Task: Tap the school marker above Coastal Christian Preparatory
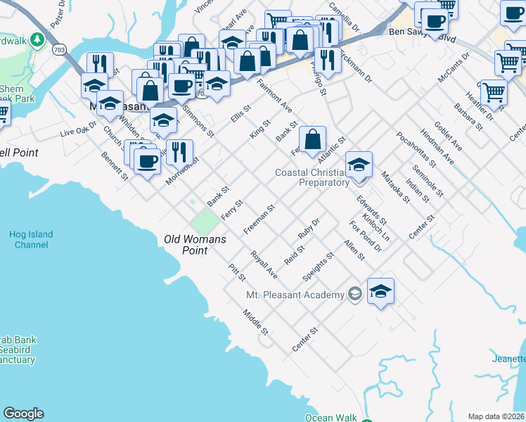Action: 359,165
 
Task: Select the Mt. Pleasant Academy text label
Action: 296,295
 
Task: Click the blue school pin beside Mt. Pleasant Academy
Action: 380,291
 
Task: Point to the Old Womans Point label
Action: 195,245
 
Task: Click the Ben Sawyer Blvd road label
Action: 416,32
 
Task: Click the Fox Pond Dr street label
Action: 365,236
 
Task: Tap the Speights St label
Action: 317,264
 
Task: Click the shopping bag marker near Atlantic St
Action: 312,139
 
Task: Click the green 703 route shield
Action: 59,49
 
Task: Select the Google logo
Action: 23,414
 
